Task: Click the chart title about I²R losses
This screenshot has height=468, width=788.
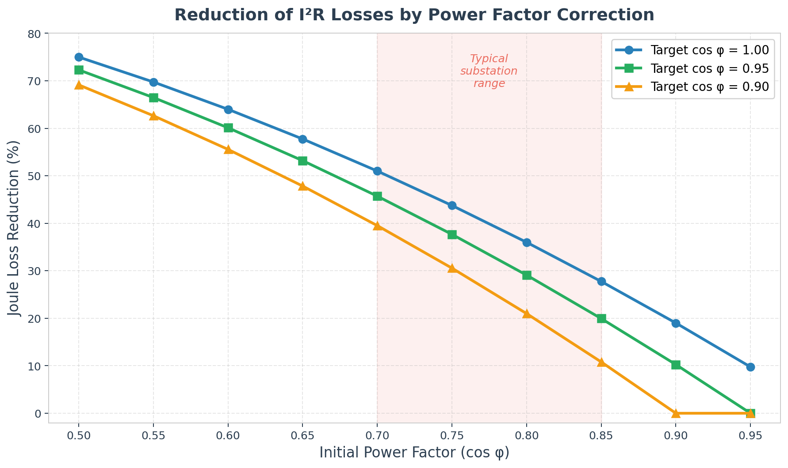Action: point(414,15)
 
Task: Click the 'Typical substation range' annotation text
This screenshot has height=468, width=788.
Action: point(489,71)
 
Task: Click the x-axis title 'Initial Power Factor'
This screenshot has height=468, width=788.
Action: point(414,453)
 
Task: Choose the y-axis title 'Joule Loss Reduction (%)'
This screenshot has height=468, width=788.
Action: point(15,228)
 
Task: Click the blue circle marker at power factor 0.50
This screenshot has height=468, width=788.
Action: point(79,57)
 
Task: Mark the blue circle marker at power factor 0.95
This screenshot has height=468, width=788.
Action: point(750,367)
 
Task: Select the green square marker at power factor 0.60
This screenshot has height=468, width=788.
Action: point(228,128)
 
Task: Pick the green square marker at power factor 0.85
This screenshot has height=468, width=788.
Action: point(601,318)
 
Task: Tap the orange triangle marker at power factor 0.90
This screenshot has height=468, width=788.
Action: point(676,413)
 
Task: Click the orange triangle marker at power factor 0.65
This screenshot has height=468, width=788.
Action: point(302,186)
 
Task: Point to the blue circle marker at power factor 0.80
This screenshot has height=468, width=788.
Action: point(527,242)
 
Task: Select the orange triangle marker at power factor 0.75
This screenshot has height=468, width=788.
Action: point(452,268)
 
